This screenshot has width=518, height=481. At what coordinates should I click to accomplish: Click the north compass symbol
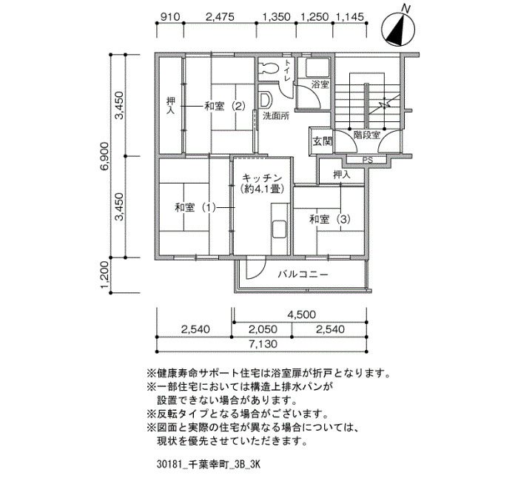tap(398, 30)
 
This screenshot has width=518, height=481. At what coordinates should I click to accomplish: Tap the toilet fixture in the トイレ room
tap(269, 68)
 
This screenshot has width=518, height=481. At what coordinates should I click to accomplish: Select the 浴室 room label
tap(320, 84)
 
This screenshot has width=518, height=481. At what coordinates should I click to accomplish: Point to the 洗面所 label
tap(276, 116)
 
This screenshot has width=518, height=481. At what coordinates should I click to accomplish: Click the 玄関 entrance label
tap(322, 142)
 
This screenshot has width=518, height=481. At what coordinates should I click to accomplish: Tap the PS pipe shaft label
tap(367, 161)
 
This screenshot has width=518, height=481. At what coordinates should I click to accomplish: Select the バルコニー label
tap(303, 275)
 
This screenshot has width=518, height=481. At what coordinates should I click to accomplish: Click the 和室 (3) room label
tap(329, 219)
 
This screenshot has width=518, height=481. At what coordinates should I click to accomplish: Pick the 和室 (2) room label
tap(225, 107)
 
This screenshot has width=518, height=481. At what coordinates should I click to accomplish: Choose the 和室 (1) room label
tap(195, 208)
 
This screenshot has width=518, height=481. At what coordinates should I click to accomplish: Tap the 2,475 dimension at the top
tap(220, 16)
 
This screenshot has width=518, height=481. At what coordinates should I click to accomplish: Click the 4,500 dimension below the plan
tap(301, 314)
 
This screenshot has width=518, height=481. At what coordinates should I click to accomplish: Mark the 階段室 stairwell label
tap(367, 135)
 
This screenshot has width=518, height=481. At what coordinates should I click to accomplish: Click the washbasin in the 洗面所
tap(265, 100)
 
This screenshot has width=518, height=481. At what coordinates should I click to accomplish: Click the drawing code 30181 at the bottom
tap(169, 465)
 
